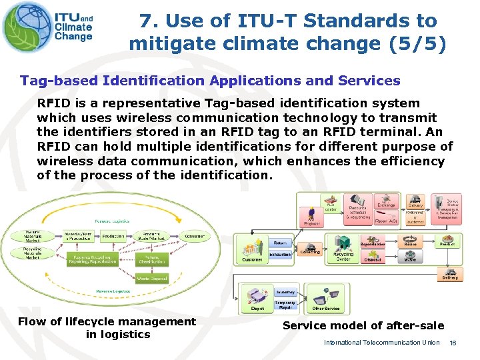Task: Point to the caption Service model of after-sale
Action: click(x=363, y=325)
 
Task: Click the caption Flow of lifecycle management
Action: click(x=107, y=322)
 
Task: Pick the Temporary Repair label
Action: click(x=286, y=305)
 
